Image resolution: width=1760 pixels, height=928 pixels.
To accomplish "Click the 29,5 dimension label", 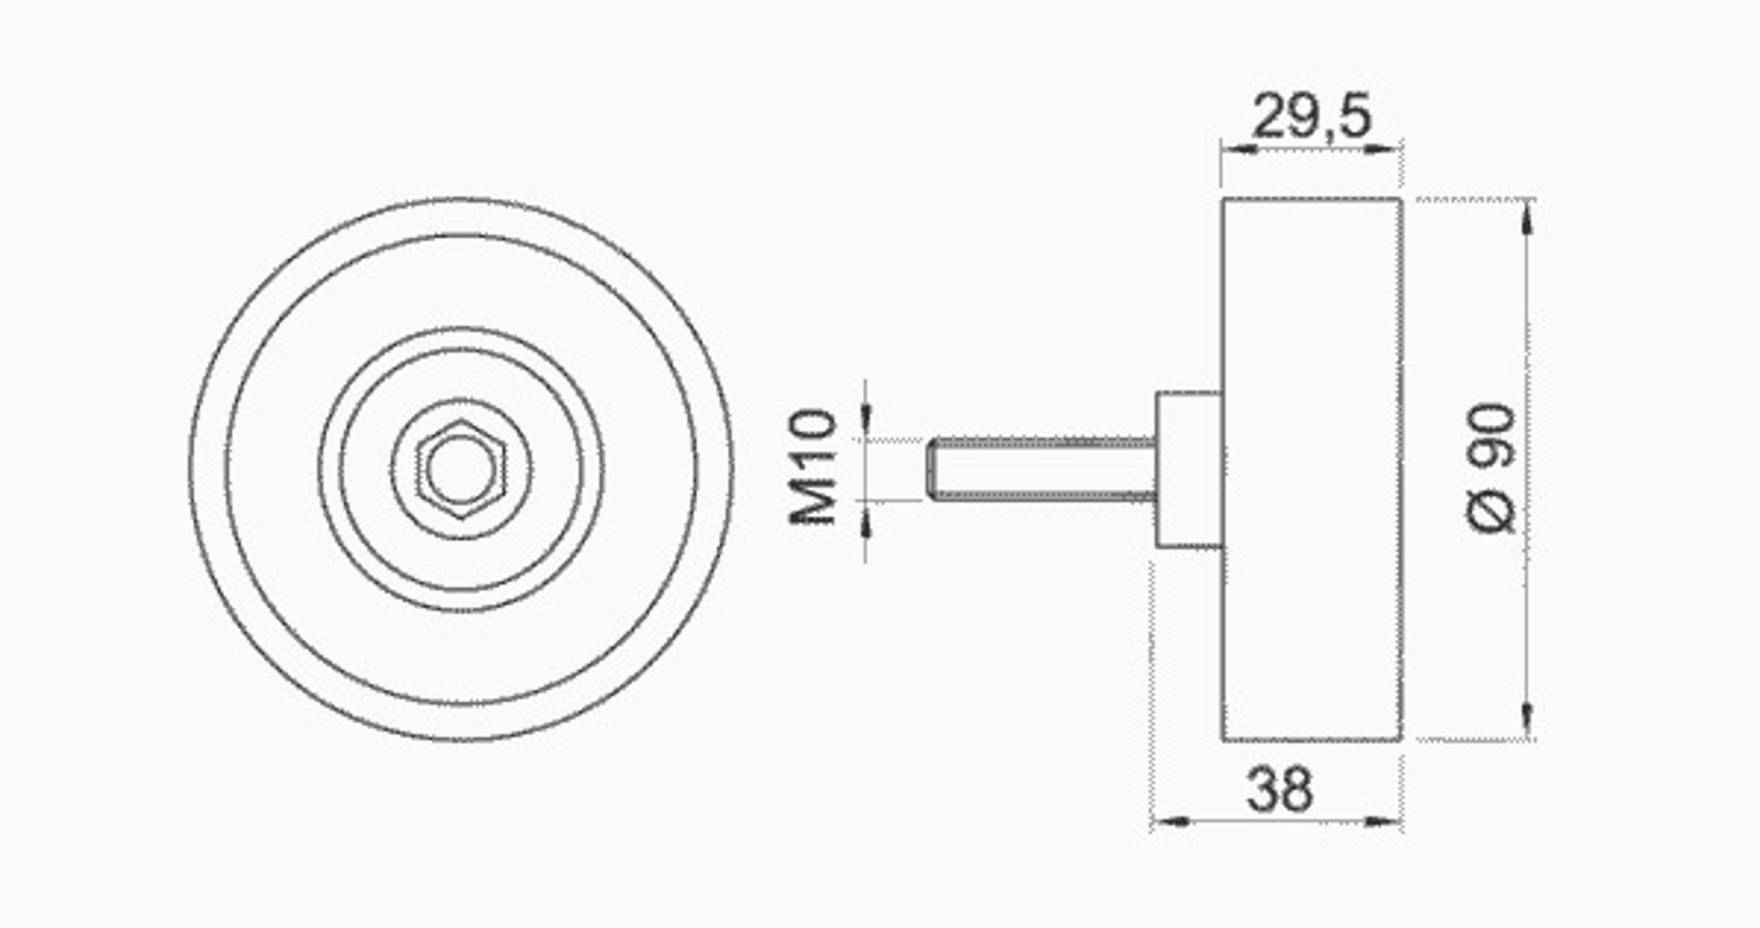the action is click(x=1311, y=116).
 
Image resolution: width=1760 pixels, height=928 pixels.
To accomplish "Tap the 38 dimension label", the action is click(x=1279, y=790).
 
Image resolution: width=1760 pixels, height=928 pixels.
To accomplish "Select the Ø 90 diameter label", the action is click(x=1491, y=468).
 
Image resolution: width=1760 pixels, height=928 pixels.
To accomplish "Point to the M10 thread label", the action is click(x=812, y=467).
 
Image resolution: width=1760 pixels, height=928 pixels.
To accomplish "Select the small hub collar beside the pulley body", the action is click(x=1189, y=470).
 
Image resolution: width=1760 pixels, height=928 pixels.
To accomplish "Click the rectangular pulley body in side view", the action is click(x=1312, y=469).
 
